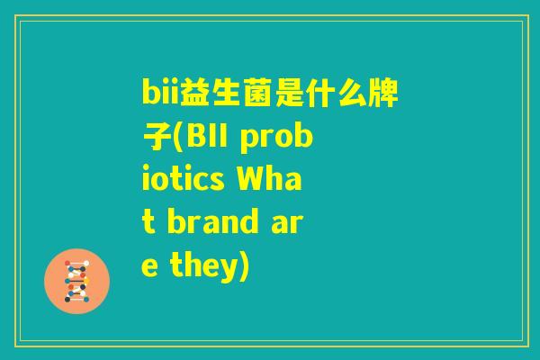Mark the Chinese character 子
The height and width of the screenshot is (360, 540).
pos(155,137)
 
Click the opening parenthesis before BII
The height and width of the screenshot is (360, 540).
pos(176,138)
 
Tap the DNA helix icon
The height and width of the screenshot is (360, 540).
pos(76,280)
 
